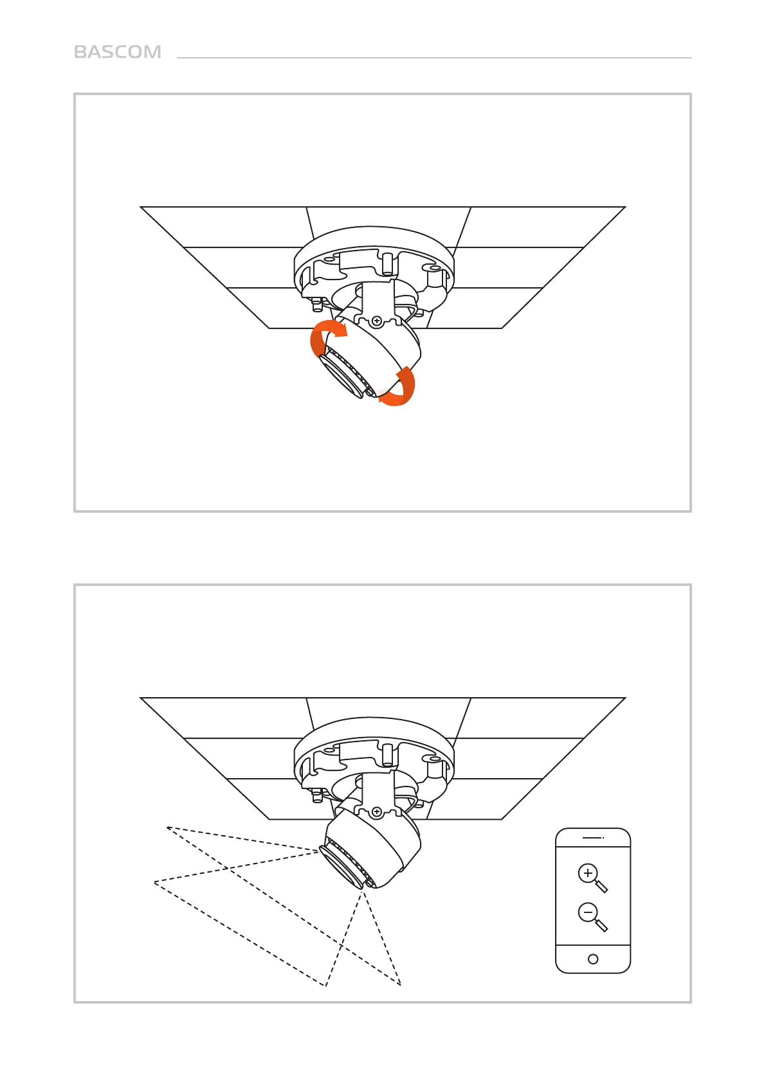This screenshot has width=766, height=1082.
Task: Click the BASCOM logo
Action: pos(118,52)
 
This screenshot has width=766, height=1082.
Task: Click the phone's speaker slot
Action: pos(592,838)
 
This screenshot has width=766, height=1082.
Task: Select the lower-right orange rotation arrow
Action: pos(401,387)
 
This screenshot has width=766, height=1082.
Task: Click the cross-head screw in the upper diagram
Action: pos(377,320)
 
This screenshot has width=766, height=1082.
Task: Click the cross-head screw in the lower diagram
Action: pos(377,812)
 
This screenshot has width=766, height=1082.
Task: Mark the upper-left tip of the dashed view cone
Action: pos(167,827)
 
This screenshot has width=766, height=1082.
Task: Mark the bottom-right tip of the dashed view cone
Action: pos(401,985)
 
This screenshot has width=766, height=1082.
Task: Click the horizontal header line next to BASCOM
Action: pos(434,58)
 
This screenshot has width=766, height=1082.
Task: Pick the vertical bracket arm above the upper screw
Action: pos(377,297)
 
